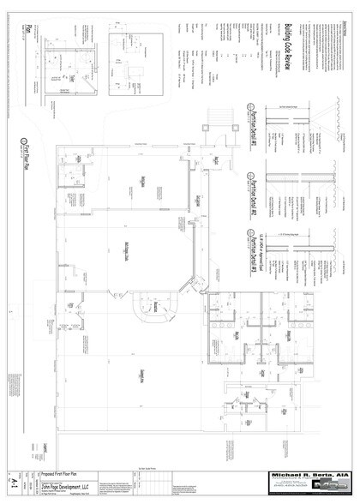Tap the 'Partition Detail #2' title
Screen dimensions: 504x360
[255, 203]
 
